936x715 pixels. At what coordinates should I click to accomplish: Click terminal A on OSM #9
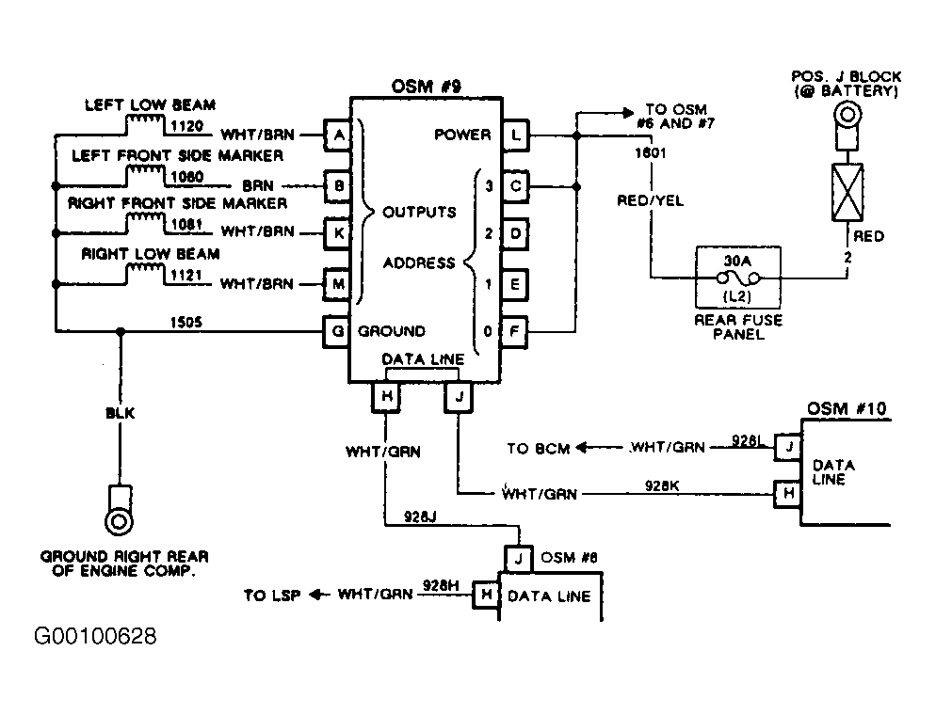click(338, 135)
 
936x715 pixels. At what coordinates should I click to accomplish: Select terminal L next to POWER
click(516, 135)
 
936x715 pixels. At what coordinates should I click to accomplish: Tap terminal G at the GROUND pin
click(337, 331)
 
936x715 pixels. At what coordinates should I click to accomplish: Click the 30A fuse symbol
click(738, 278)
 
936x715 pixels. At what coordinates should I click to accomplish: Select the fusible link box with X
click(847, 192)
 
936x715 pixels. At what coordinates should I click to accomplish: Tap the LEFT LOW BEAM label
click(150, 105)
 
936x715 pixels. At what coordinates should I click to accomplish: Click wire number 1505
click(186, 322)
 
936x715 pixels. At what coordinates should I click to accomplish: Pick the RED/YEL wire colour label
click(650, 200)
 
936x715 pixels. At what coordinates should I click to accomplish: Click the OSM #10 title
click(847, 408)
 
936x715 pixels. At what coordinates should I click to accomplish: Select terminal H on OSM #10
click(788, 494)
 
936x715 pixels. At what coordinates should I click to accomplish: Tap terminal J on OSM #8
click(518, 559)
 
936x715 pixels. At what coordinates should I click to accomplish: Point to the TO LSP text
click(271, 596)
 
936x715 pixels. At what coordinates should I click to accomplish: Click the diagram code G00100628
click(95, 636)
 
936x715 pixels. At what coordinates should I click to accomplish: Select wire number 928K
click(661, 485)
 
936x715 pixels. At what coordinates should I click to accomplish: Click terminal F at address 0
click(514, 331)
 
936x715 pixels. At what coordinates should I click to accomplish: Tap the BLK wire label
click(120, 413)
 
